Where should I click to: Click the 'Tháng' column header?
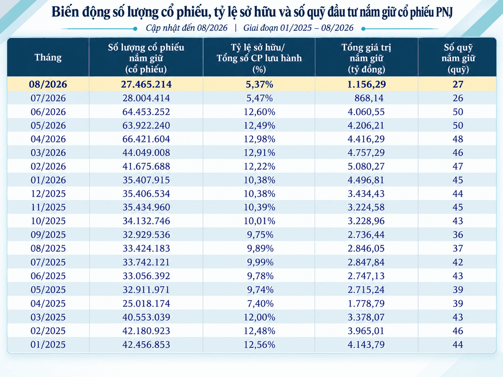[48, 57]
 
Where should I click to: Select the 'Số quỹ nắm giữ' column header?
[458, 58]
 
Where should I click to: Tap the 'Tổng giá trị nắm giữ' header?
[366, 58]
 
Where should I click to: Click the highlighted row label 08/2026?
[48, 84]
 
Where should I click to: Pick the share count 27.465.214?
[146, 84]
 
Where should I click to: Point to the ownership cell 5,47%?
[259, 98]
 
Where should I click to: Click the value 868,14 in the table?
[369, 98]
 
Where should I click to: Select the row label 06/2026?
[48, 112]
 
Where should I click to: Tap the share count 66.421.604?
[146, 139]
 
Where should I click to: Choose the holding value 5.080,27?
[366, 166]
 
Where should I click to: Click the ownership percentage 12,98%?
[259, 139]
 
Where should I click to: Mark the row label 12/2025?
[48, 194]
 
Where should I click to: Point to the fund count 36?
[458, 235]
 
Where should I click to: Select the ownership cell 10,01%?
[259, 221]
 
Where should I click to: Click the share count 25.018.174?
[146, 303]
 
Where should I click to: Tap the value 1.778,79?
[366, 303]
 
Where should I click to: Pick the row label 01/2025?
[48, 344]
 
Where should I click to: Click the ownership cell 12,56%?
[259, 344]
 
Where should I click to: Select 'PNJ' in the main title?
[444, 12]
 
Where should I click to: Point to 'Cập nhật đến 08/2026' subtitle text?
[187, 28]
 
